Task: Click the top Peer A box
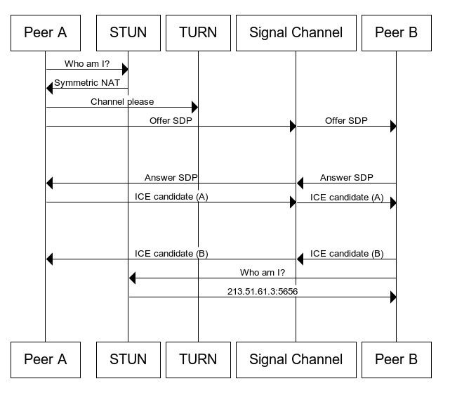45,32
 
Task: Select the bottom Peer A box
45,359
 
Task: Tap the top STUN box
128,32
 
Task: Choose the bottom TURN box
198,359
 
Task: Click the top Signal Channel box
296,32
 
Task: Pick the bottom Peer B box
396,359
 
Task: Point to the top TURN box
198,32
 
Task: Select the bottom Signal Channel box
296,359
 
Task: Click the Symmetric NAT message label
87,82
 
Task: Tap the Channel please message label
122,101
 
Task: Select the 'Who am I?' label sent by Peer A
87,63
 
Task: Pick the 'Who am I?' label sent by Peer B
263,272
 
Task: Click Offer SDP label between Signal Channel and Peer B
346,120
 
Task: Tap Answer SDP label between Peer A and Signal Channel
171,177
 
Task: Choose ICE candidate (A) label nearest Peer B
346,197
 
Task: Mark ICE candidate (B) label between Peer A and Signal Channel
171,253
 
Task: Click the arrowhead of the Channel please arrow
194,108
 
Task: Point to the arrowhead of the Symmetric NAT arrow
50,88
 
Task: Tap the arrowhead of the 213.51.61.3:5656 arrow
392,297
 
